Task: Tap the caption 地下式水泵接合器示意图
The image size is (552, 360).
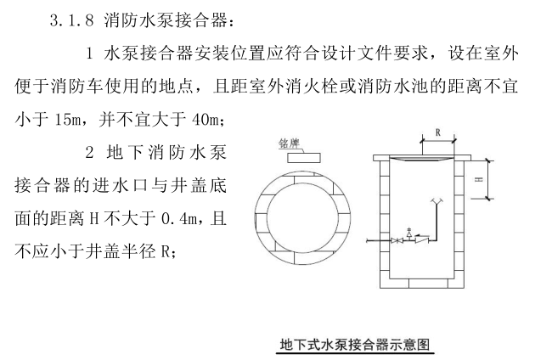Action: [x=357, y=345]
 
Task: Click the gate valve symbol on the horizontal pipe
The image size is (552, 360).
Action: [x=397, y=241]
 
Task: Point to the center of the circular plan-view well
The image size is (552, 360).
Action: [x=300, y=221]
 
